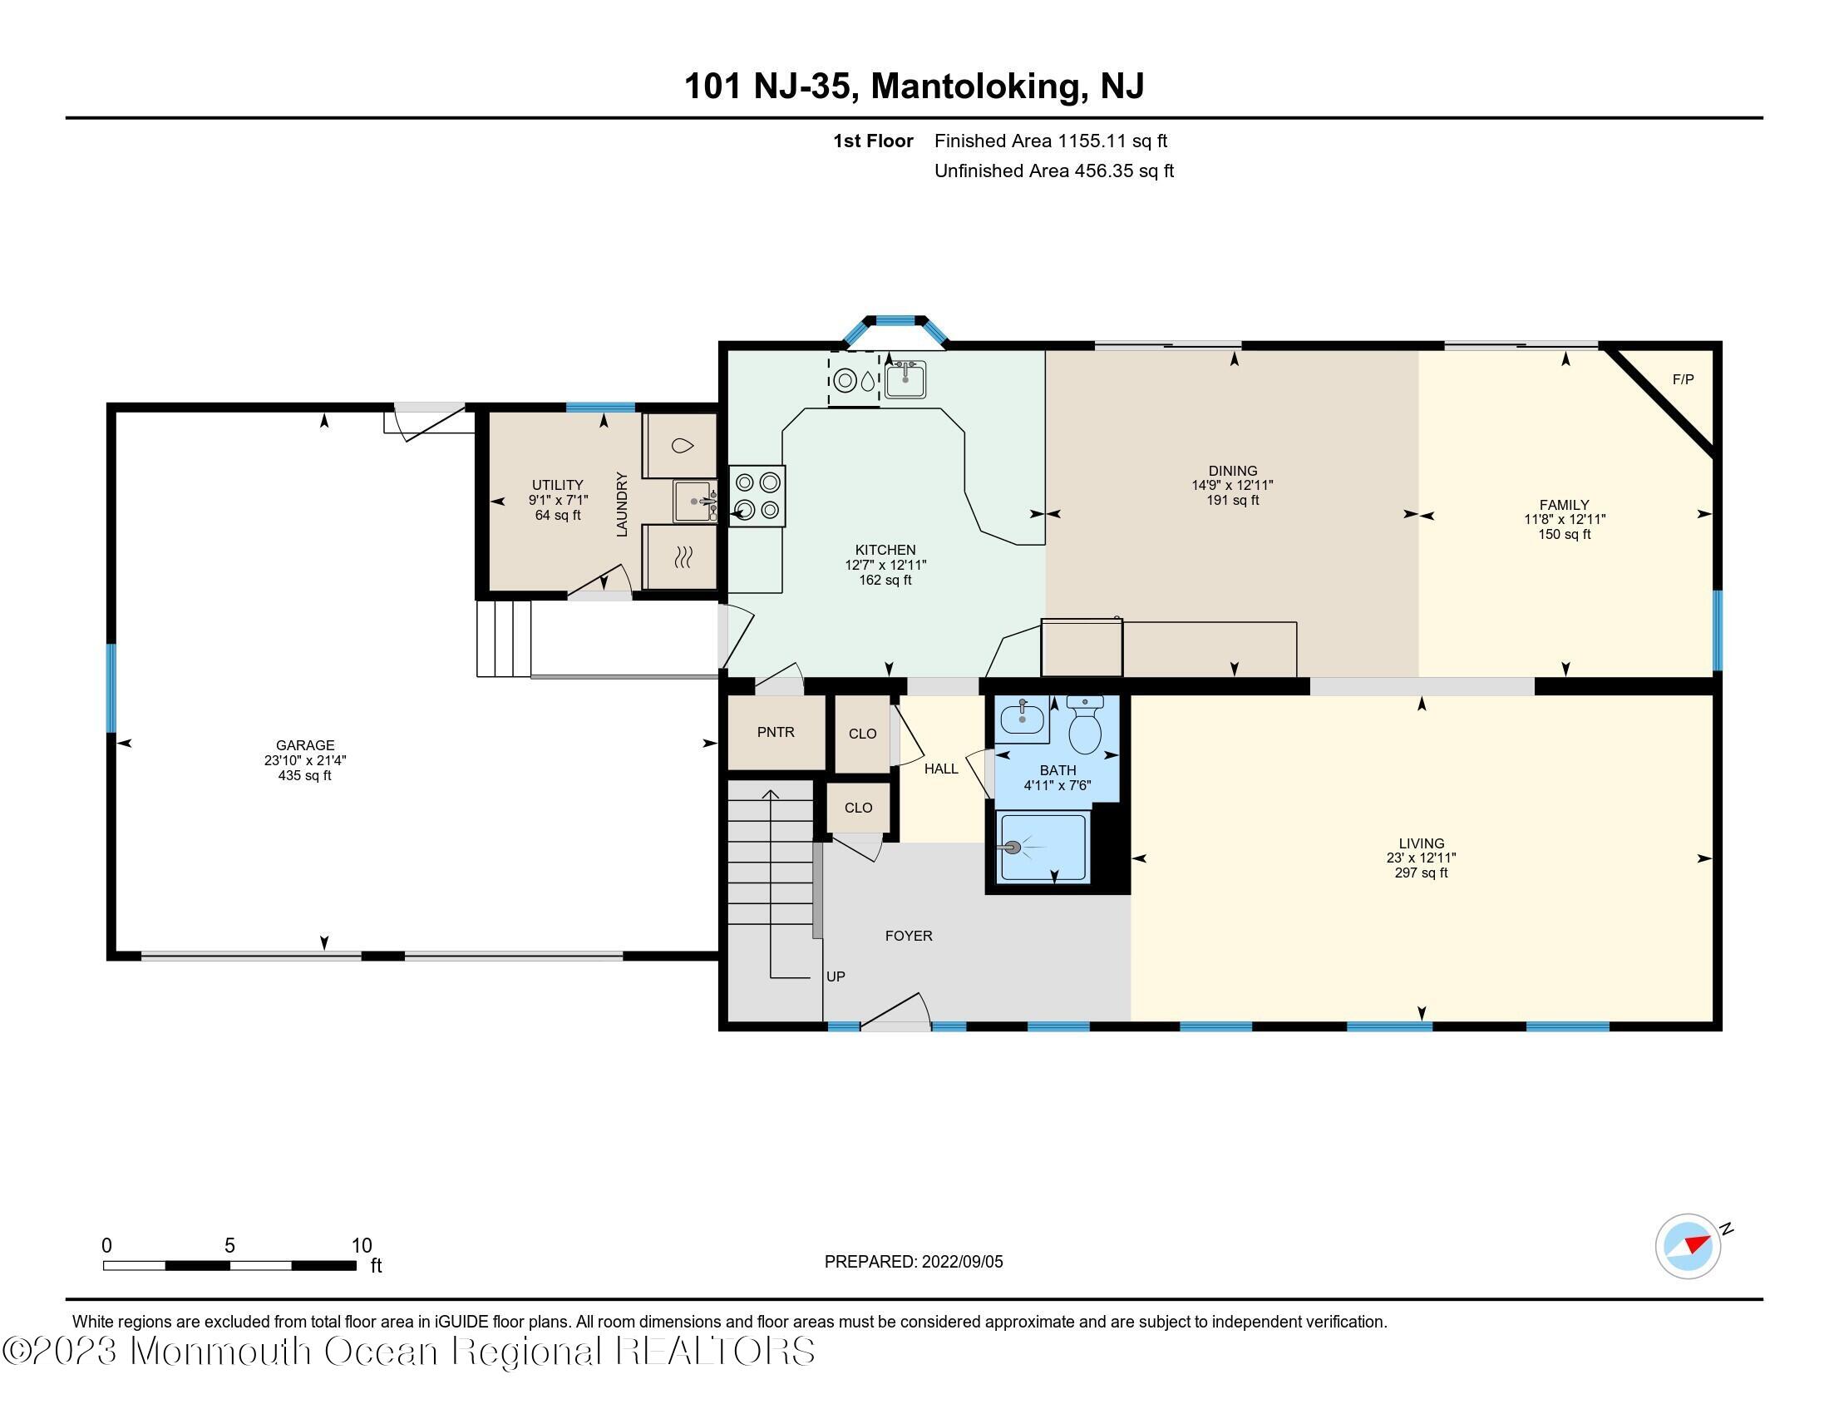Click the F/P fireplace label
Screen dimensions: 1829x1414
click(1683, 379)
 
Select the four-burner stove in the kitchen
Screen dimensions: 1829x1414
click(757, 496)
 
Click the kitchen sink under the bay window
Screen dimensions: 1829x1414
click(905, 379)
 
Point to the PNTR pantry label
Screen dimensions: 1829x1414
click(776, 732)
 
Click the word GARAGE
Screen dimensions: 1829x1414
click(305, 744)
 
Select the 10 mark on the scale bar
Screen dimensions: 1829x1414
click(361, 1246)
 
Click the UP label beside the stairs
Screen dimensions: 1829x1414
click(835, 976)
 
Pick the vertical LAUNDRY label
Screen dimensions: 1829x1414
click(621, 504)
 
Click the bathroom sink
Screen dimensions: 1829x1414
click(1023, 718)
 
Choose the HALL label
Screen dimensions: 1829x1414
click(940, 769)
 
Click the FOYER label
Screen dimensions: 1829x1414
click(909, 936)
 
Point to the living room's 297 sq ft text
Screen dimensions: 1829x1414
click(1421, 873)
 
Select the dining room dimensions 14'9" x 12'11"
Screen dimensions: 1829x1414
click(1233, 485)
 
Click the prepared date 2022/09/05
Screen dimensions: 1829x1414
click(962, 1262)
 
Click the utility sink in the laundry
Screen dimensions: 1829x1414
click(695, 502)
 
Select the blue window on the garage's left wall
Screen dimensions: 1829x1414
click(111, 687)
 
